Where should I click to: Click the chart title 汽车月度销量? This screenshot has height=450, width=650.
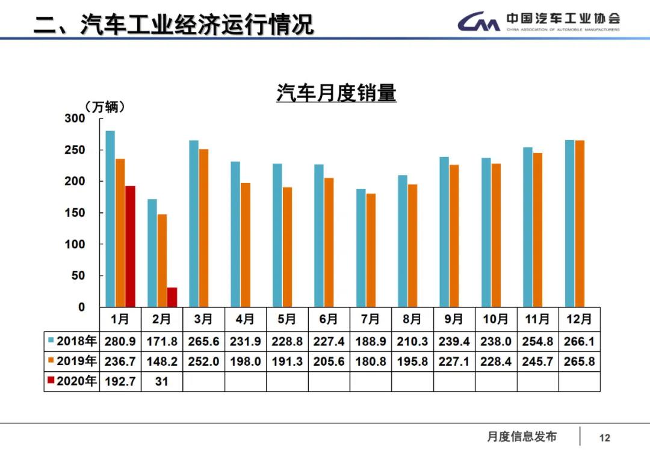tap(336, 93)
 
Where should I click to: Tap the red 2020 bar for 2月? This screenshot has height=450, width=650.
tap(172, 297)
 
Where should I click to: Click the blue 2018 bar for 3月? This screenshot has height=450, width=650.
tap(194, 223)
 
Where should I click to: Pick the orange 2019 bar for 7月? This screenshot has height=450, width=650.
tap(371, 250)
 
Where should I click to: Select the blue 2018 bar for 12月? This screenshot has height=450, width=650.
tap(569, 223)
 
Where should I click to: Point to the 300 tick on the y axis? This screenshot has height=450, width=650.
tap(75, 119)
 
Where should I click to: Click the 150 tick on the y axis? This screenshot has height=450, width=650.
tap(75, 213)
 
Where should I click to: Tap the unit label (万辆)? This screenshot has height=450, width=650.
tap(105, 107)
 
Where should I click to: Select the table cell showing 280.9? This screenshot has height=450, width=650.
tap(120, 341)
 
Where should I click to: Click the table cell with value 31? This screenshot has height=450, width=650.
tap(162, 381)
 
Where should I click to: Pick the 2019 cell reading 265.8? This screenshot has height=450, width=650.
tap(580, 361)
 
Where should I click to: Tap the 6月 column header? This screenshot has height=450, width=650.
tap(329, 318)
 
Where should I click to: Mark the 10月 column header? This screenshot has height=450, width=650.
tap(496, 318)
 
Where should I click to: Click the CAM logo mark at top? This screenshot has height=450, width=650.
tap(478, 22)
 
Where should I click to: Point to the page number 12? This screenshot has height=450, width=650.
tap(605, 437)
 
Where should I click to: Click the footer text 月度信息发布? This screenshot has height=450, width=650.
tap(522, 437)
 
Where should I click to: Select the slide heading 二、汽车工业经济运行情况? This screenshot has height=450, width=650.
tap(174, 25)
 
